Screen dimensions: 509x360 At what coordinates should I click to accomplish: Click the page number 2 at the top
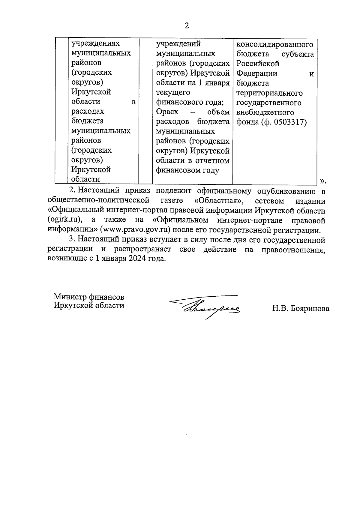[x=187, y=26]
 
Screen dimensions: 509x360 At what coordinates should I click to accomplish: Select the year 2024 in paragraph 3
[x=138, y=259]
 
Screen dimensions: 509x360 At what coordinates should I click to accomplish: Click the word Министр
[x=70, y=297]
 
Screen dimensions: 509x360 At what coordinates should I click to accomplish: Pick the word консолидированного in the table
[x=275, y=44]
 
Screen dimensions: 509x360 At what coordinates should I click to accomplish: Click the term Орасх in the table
[x=167, y=112]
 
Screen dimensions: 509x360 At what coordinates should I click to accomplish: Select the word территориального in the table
[x=269, y=93]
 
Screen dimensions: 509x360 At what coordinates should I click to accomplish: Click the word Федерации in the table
[x=257, y=73]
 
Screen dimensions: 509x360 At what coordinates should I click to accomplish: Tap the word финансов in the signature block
[x=107, y=297]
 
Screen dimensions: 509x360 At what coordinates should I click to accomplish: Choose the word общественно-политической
[x=98, y=200]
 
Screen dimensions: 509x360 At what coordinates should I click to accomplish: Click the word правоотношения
[x=293, y=250]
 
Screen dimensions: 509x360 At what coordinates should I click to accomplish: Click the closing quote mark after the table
[x=322, y=181]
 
